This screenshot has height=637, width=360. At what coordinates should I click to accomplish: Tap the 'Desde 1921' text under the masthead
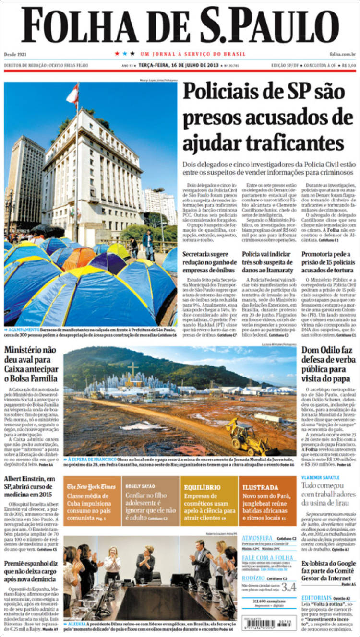click(x=15, y=54)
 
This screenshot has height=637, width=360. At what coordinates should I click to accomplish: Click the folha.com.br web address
click(x=343, y=54)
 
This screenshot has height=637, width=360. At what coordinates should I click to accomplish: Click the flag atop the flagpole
click(x=73, y=94)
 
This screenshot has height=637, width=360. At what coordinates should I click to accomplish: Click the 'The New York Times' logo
click(x=91, y=486)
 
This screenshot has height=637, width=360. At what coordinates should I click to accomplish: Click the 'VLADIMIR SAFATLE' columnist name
click(x=320, y=478)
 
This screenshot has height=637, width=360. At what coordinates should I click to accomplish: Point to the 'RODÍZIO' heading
click(x=253, y=578)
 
